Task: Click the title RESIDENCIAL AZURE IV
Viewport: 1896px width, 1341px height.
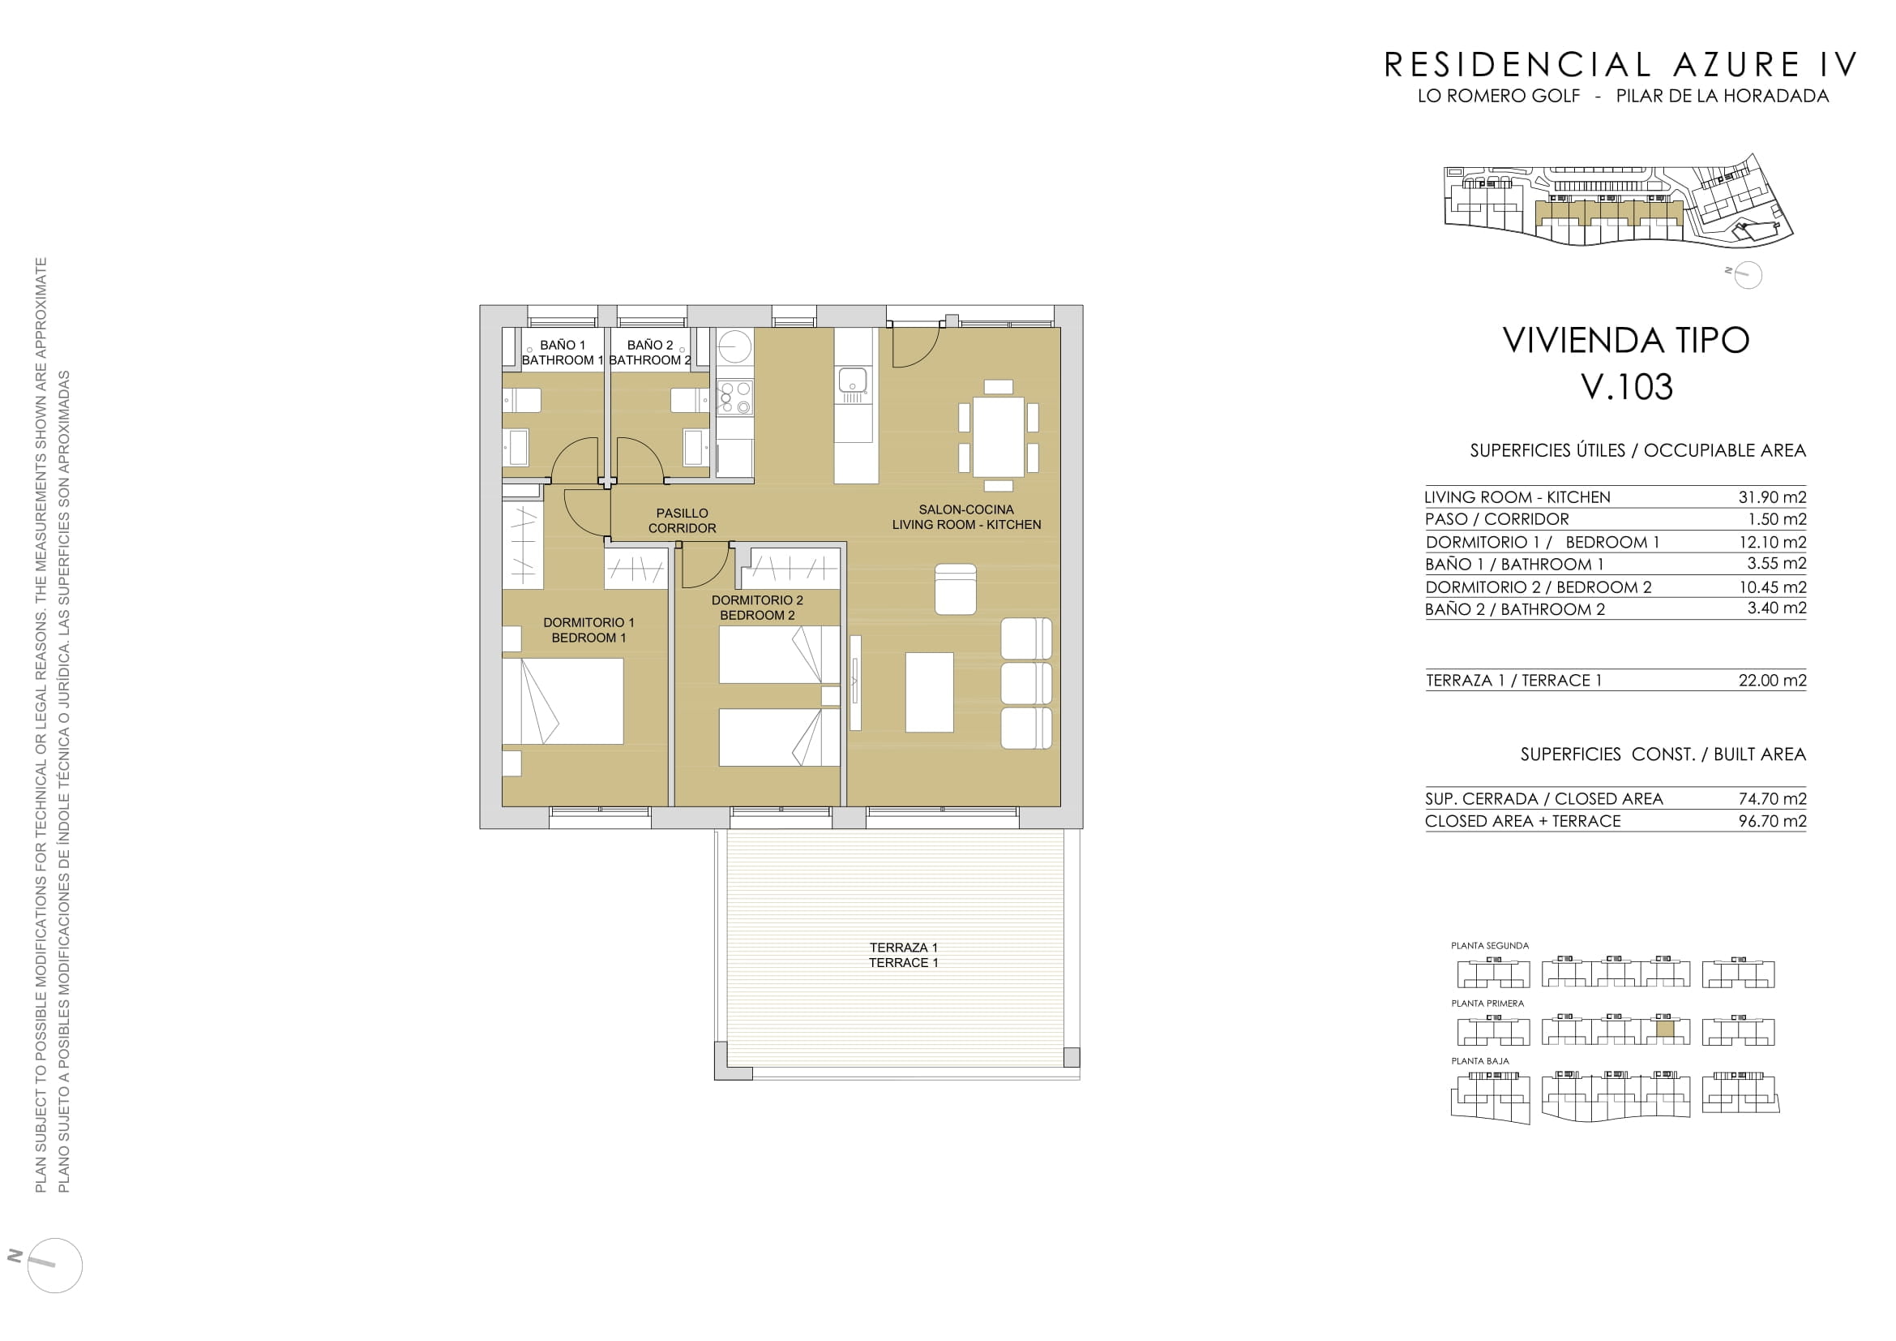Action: (x=1620, y=65)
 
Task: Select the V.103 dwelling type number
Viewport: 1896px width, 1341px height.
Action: (x=1626, y=387)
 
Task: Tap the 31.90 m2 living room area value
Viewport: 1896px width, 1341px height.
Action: (x=1772, y=496)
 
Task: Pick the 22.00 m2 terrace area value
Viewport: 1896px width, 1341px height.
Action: (x=1772, y=680)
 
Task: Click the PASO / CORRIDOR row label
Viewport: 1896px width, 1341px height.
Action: (x=1496, y=519)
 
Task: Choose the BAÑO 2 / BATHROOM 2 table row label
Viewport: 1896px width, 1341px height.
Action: (x=1514, y=609)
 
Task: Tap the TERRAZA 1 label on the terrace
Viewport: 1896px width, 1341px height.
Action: (x=902, y=947)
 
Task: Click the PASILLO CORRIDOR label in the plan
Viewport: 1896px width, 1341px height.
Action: (x=682, y=521)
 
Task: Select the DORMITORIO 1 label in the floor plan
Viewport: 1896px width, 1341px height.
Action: (x=588, y=622)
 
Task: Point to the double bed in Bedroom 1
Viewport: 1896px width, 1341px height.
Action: (x=563, y=701)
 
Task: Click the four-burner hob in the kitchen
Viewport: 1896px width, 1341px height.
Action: (x=734, y=397)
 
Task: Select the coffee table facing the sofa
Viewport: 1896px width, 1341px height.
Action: (x=929, y=692)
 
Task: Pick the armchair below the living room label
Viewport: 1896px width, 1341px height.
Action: (x=956, y=588)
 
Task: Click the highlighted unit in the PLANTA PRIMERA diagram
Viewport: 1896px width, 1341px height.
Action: (x=1665, y=1029)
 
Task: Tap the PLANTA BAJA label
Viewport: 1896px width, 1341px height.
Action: (x=1480, y=1061)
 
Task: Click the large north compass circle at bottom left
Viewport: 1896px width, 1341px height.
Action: (x=55, y=1265)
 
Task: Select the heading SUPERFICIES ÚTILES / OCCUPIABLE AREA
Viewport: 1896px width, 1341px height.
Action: (x=1637, y=450)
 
